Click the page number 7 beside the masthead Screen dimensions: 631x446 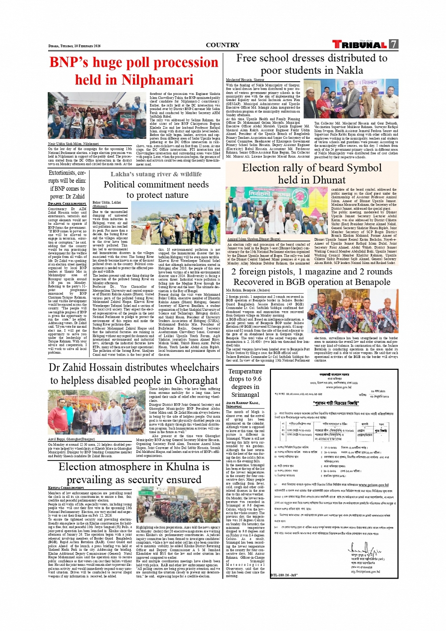[394, 44]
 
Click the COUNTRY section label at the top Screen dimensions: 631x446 [222, 45]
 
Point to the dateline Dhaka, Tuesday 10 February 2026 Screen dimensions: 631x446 [75, 46]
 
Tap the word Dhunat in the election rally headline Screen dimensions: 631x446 [329, 180]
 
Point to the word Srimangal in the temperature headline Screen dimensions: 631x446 [245, 394]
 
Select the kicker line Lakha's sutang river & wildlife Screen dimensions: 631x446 [156, 174]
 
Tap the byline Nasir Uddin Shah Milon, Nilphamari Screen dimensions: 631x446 [73, 144]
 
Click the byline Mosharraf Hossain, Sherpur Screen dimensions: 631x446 [245, 80]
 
